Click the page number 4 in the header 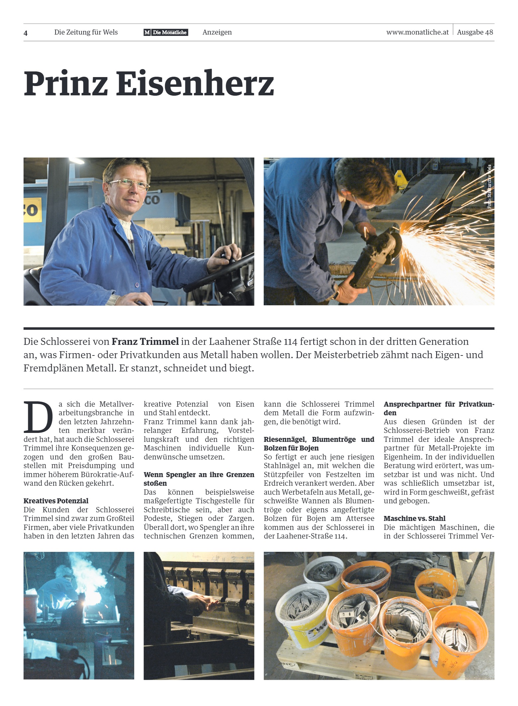click(26, 33)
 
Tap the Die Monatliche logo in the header click(166, 32)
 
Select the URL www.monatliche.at click(417, 32)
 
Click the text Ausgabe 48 click(475, 32)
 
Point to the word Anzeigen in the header click(217, 32)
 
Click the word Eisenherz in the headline click(195, 83)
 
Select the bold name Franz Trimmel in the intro click(145, 342)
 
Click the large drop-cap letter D click(38, 417)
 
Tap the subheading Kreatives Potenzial click(56, 501)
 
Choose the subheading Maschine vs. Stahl click(414, 518)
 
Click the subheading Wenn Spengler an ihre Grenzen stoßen click(199, 479)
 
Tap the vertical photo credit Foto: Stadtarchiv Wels click(489, 187)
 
